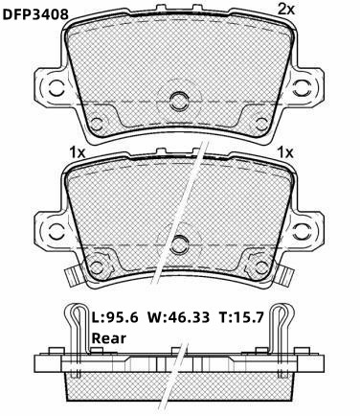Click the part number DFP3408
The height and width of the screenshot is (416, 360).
[x=35, y=14]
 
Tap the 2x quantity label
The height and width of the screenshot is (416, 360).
[x=285, y=10]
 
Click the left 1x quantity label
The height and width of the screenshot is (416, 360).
[x=78, y=153]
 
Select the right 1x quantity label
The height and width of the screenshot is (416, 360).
[x=285, y=153]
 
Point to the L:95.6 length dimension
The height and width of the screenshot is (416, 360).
[x=115, y=317]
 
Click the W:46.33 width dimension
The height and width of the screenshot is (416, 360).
[x=179, y=317]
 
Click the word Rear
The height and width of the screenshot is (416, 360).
[x=109, y=338]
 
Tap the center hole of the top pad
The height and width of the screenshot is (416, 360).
[x=179, y=102]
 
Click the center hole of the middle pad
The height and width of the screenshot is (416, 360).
[x=179, y=245]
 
